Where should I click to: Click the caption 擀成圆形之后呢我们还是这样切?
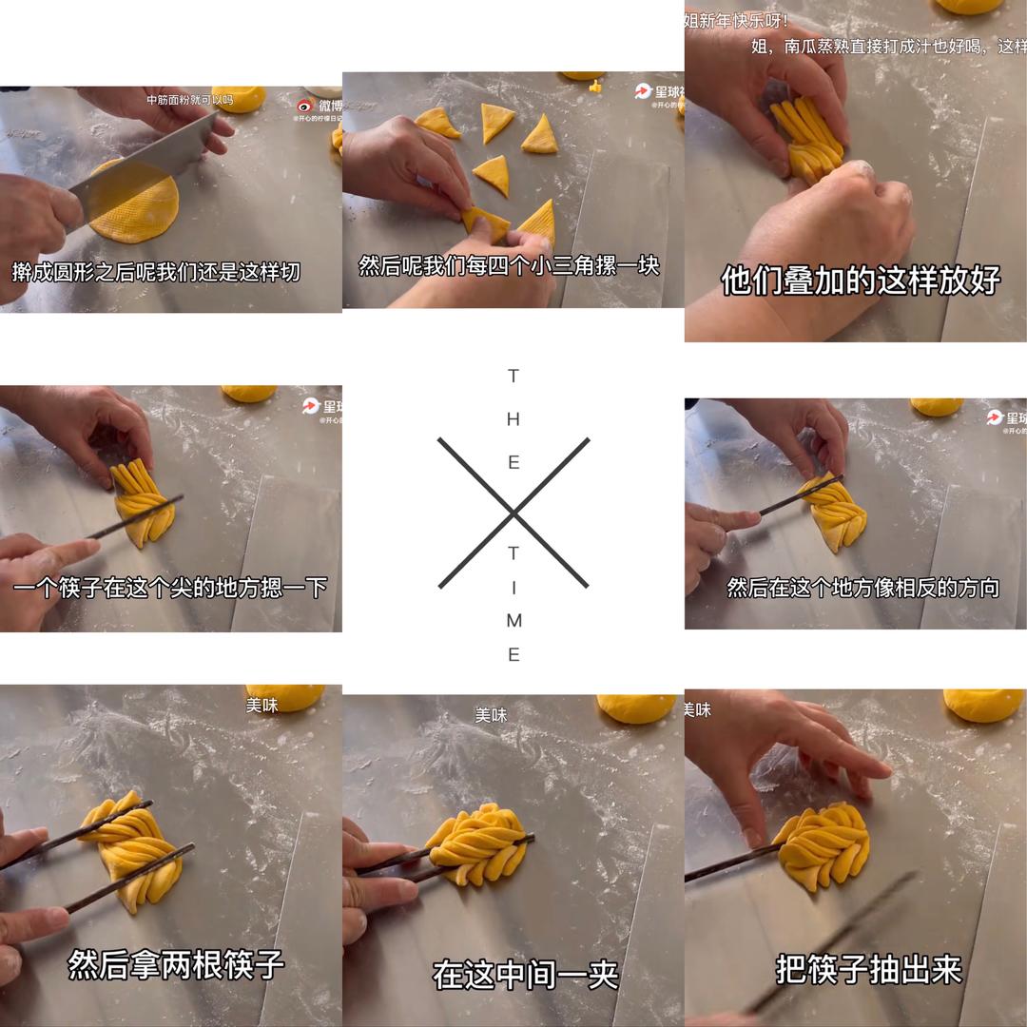click(156, 272)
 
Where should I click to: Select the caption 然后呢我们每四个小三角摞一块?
click(509, 265)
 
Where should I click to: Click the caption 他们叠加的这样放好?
click(861, 281)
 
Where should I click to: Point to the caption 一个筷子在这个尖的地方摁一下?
click(170, 589)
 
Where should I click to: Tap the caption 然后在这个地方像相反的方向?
click(862, 588)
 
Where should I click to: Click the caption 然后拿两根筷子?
click(176, 964)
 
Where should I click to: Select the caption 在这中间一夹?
click(525, 974)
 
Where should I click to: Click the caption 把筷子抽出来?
click(868, 970)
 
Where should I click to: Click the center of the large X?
click(513, 513)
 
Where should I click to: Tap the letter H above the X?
click(513, 419)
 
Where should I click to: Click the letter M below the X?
click(513, 621)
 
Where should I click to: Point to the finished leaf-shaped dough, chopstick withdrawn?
click(824, 845)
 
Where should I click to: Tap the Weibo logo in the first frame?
click(305, 106)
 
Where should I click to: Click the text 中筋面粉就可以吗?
click(189, 100)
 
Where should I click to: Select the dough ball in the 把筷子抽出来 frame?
click(983, 705)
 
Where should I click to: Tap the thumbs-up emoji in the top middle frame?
click(596, 87)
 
